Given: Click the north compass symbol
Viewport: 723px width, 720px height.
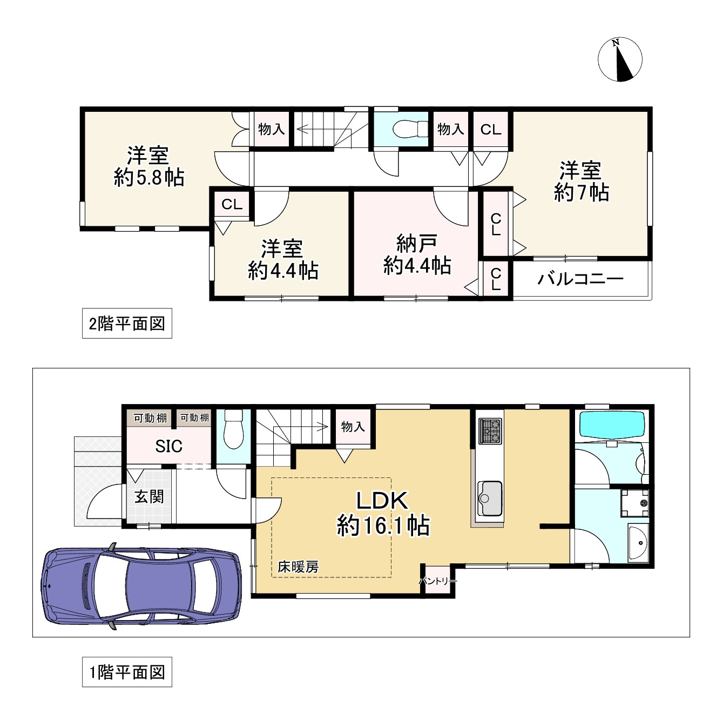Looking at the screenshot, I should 620,60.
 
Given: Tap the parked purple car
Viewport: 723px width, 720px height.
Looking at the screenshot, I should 141,586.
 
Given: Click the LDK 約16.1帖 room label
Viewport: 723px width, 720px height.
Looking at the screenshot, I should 382,513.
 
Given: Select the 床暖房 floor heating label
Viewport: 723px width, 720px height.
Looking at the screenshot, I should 298,567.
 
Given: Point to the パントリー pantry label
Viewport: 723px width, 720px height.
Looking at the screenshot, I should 437,582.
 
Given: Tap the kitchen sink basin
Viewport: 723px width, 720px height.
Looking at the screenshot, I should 489,497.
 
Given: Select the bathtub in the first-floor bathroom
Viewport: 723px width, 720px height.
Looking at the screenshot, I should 611,425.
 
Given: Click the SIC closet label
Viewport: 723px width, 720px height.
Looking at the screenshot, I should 168,446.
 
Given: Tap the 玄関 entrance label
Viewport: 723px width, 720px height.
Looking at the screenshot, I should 149,496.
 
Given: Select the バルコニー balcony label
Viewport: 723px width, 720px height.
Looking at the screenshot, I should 580,279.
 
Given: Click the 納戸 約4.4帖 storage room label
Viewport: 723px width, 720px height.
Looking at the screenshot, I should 416,255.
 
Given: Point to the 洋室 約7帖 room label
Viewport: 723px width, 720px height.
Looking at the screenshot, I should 581,181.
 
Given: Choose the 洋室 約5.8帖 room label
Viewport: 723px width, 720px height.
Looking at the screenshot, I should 148,166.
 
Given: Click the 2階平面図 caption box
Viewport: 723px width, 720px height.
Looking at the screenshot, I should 127,324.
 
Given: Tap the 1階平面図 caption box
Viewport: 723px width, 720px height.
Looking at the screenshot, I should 127,672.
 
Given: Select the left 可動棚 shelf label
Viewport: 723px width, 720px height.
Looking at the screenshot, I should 150,418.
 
